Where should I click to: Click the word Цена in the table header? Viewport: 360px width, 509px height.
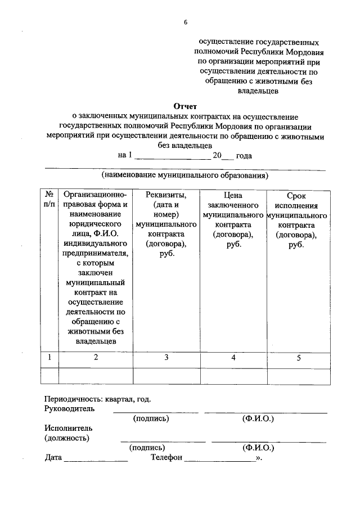point(232,195)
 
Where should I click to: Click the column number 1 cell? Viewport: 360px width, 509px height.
point(49,357)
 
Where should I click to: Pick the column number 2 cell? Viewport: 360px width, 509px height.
point(95,357)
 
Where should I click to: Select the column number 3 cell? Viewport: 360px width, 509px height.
point(166,357)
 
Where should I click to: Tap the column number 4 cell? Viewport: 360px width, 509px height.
point(233,357)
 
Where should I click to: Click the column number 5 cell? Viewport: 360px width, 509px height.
point(299,357)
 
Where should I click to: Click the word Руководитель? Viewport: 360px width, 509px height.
point(69,408)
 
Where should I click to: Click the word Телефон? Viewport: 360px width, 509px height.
point(166,458)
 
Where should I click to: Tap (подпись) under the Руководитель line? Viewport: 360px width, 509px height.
point(151,418)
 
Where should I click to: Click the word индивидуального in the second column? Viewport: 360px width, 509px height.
point(95,243)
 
